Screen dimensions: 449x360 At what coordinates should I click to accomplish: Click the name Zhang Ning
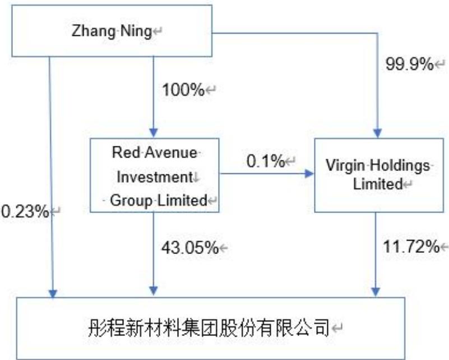click(x=112, y=31)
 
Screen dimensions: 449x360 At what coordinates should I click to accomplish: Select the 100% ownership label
click(x=183, y=90)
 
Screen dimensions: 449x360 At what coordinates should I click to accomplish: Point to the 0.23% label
click(x=25, y=211)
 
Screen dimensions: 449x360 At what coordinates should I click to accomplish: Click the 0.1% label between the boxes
click(x=266, y=161)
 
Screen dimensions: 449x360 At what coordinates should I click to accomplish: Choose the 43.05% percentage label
click(x=190, y=247)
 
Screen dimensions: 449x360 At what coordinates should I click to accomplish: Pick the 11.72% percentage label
click(x=411, y=246)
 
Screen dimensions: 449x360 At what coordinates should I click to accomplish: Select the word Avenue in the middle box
click(x=171, y=152)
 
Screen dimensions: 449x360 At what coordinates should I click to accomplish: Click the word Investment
click(x=155, y=177)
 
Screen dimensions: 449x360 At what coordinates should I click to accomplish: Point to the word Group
click(x=131, y=201)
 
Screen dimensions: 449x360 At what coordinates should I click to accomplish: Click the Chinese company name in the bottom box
click(x=209, y=328)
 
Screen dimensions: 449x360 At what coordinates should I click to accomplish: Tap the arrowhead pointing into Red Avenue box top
click(x=154, y=133)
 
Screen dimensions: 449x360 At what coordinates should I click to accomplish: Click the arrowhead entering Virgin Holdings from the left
click(x=309, y=174)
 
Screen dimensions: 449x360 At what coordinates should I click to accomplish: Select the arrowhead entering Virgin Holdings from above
click(x=377, y=133)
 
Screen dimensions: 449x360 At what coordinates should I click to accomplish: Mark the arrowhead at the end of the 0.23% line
click(x=53, y=294)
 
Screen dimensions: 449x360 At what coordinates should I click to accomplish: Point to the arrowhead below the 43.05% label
click(x=154, y=291)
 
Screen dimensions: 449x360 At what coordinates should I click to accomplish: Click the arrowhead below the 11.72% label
click(x=376, y=292)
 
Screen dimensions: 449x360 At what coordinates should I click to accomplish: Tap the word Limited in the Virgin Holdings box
click(x=378, y=184)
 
